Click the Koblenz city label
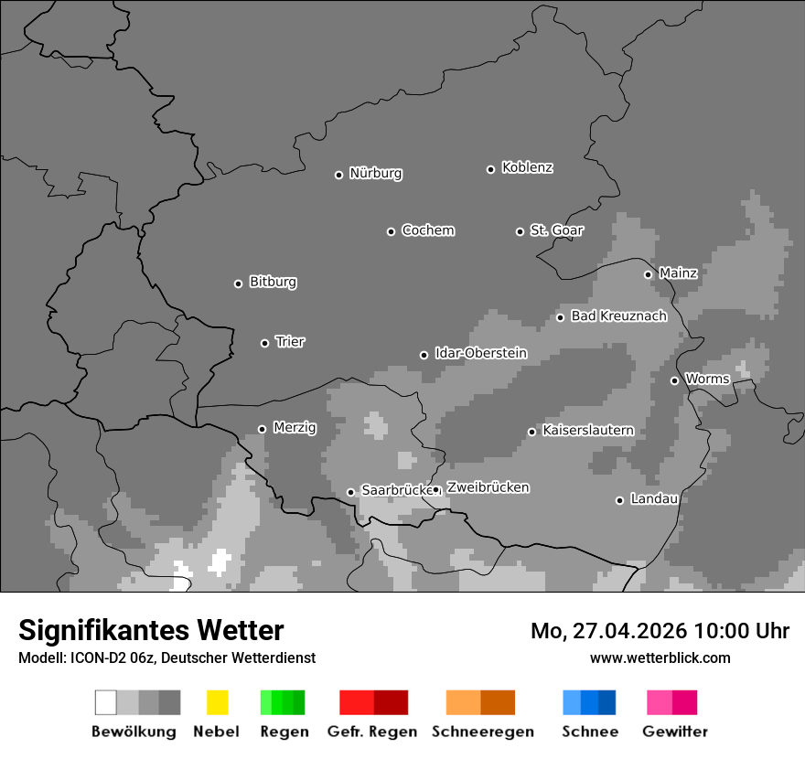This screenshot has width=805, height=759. [x=527, y=167]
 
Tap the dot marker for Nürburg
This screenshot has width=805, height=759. [x=338, y=175]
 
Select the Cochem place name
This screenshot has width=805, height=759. [x=428, y=230]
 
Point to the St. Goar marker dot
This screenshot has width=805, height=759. [x=520, y=231]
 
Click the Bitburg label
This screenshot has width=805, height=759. [x=273, y=283]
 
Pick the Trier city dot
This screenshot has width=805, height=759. [x=264, y=343]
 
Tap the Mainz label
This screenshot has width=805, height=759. [x=678, y=273]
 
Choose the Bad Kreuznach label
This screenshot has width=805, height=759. [x=618, y=316]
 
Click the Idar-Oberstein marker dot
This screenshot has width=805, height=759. [x=424, y=355]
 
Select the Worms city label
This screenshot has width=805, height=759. [x=707, y=379]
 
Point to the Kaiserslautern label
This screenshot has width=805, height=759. [x=588, y=431]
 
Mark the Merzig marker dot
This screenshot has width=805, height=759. [x=262, y=429]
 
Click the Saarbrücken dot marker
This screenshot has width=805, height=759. [x=350, y=492]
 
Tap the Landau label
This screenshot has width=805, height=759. [x=654, y=499]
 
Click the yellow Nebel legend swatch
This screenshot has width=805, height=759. [x=217, y=702]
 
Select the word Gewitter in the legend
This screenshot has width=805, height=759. [x=675, y=732]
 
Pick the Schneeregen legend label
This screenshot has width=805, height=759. [x=483, y=732]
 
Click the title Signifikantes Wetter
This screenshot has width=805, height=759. [x=151, y=630]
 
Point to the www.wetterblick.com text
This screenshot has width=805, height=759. [x=660, y=657]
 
